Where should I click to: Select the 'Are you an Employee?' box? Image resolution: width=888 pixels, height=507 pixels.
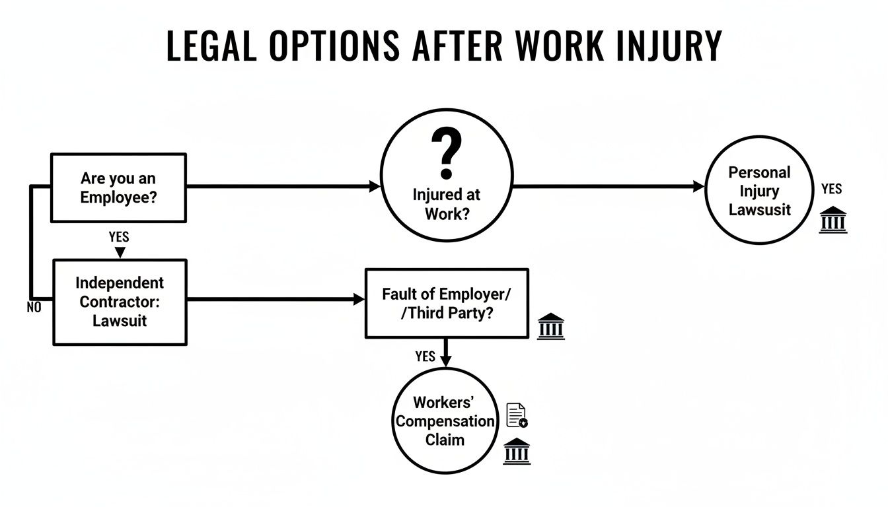(118, 187)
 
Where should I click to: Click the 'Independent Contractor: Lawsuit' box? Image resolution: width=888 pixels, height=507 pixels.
(119, 302)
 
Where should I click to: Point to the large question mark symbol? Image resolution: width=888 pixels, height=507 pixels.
(446, 153)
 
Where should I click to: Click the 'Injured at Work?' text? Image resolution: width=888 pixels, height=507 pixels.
(446, 205)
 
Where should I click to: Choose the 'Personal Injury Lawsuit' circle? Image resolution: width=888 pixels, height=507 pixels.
(758, 191)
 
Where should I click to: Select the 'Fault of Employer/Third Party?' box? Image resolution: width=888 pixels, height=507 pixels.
(447, 304)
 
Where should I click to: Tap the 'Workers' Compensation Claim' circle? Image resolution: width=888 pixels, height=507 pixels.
(445, 421)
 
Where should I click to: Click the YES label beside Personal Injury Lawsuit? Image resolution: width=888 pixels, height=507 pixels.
(831, 189)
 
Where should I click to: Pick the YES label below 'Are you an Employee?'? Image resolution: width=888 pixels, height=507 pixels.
(118, 236)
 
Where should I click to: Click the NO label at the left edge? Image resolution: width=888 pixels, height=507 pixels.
(33, 308)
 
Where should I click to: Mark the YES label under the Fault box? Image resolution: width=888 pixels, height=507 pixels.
(425, 356)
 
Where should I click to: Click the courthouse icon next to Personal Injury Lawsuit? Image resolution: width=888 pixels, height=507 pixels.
(832, 220)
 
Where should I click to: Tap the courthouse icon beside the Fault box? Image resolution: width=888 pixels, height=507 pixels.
(550, 327)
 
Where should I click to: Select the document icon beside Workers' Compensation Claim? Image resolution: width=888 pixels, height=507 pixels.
(516, 415)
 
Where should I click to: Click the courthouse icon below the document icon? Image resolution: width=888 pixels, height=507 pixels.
(516, 452)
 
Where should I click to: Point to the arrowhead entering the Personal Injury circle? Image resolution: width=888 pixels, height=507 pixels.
(699, 187)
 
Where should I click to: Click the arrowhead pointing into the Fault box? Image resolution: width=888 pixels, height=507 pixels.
(359, 299)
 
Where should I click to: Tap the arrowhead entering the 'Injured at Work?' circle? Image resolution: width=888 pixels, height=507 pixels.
(375, 187)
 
